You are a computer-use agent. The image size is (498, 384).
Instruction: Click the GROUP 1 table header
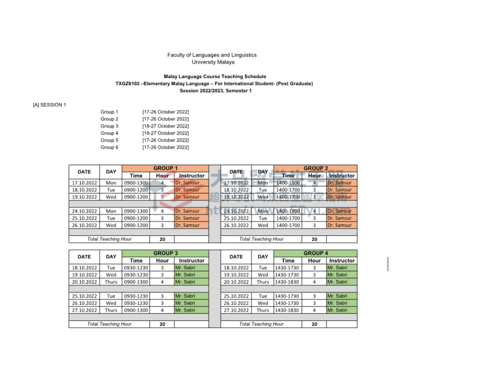(165, 168)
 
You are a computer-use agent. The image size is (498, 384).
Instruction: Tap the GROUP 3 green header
(165, 253)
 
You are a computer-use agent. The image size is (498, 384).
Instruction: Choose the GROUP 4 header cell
(316, 253)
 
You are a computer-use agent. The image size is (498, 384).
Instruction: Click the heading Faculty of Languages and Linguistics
(212, 55)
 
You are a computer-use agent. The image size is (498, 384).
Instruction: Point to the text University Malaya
(213, 62)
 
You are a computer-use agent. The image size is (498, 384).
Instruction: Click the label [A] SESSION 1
(49, 104)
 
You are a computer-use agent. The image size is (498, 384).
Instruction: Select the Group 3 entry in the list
(110, 126)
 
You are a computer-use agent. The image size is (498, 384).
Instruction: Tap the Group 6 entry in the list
(110, 147)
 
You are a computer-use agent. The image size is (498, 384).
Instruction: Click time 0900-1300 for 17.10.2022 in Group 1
(136, 183)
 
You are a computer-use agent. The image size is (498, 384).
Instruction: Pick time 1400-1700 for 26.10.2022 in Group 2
(288, 225)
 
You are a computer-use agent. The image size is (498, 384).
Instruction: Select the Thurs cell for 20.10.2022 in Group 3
(111, 282)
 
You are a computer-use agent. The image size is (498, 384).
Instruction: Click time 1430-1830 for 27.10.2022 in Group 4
(287, 310)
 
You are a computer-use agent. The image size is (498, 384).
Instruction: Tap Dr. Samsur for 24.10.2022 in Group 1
(187, 211)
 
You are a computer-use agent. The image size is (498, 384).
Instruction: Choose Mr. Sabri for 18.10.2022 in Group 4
(338, 268)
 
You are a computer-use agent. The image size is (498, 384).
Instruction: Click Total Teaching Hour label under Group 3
(110, 324)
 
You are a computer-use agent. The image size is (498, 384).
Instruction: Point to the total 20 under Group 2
(314, 239)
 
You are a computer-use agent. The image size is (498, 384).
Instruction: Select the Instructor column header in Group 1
(192, 176)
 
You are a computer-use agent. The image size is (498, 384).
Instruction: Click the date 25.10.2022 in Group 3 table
(84, 296)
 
